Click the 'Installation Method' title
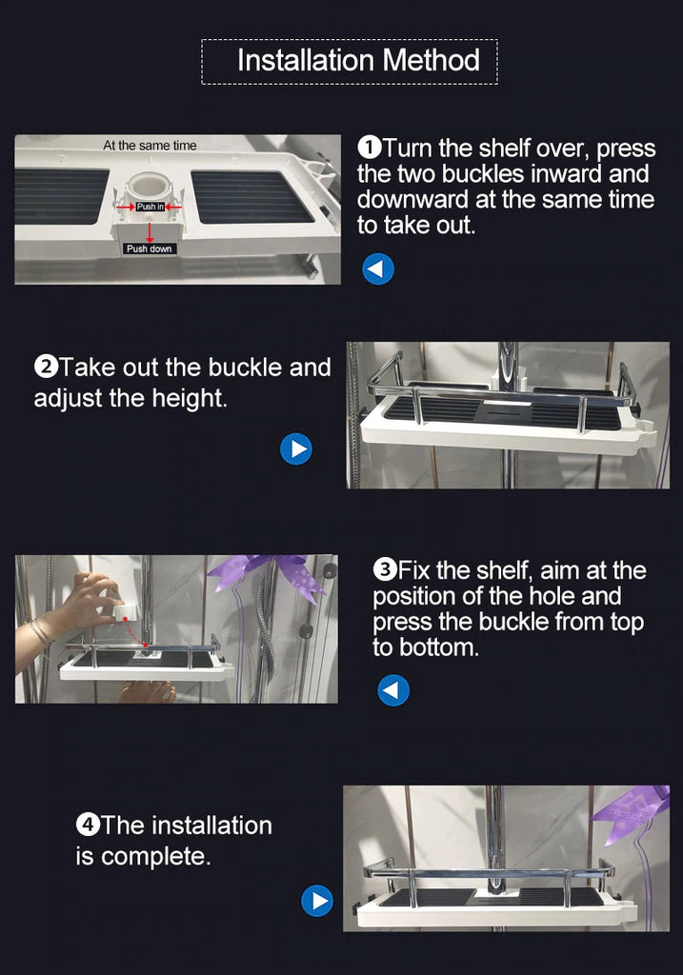357,61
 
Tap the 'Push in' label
150,207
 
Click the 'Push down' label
150,249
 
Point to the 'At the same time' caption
150,146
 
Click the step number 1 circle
370,148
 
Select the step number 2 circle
46,367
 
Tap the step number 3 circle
385,569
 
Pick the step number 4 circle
88,826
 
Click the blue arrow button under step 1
377,269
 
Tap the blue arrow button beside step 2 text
296,448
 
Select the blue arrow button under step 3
393,690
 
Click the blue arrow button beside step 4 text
317,901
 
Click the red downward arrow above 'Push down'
150,232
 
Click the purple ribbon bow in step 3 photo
268,575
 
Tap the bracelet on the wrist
40,632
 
